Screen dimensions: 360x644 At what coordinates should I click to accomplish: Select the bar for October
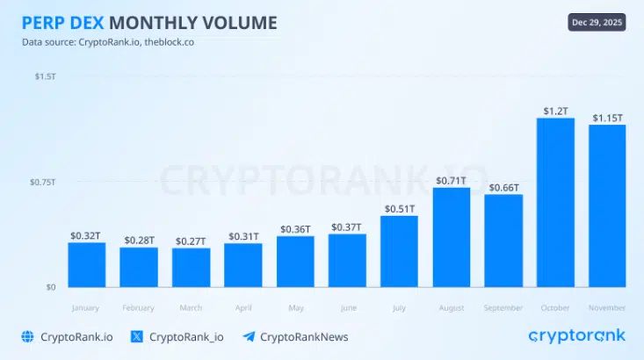tap(555, 202)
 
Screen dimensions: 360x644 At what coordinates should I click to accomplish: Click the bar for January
tap(87, 264)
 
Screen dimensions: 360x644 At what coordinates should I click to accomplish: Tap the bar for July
tap(399, 251)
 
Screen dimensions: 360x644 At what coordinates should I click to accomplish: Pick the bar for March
tap(191, 267)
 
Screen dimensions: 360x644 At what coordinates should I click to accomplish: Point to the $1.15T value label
tap(606, 117)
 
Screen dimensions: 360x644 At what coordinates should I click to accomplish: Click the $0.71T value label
tap(451, 181)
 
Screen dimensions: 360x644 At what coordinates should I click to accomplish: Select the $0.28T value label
tap(139, 240)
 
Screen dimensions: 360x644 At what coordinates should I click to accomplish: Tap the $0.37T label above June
tap(346, 227)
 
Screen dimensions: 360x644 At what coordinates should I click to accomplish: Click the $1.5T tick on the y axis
tap(45, 77)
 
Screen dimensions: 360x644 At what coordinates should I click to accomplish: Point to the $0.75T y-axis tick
tap(43, 182)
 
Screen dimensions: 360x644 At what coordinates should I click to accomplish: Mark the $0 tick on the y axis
tap(50, 287)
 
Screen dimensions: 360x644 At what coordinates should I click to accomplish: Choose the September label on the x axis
tap(503, 308)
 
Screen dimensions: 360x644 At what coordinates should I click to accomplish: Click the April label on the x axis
tap(242, 308)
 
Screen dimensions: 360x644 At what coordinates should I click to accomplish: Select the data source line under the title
tap(108, 42)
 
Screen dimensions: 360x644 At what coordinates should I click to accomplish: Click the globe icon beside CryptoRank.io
tap(27, 336)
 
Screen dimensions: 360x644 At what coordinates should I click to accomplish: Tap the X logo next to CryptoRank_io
tap(137, 336)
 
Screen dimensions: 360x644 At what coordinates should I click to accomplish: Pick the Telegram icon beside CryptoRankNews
tap(249, 336)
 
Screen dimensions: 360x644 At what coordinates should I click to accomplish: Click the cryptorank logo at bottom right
tap(576, 335)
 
